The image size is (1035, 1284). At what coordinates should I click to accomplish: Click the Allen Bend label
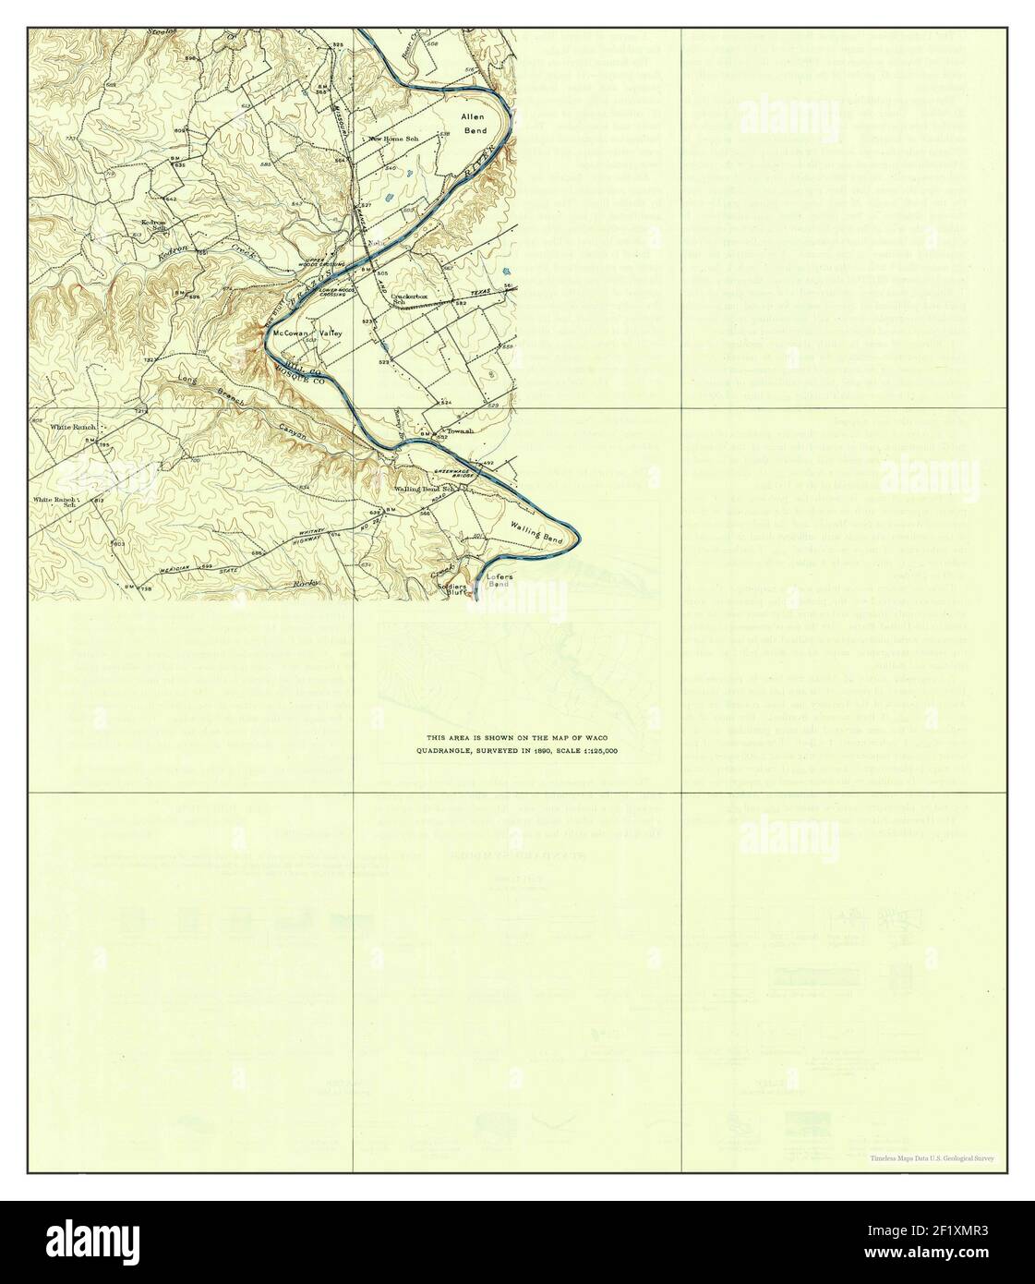[475, 125]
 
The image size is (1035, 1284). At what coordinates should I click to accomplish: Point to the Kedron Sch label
[151, 224]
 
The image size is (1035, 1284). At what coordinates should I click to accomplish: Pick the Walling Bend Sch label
[426, 489]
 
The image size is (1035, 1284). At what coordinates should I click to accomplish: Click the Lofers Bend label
[499, 580]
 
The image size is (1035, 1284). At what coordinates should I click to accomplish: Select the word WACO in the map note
[596, 738]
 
